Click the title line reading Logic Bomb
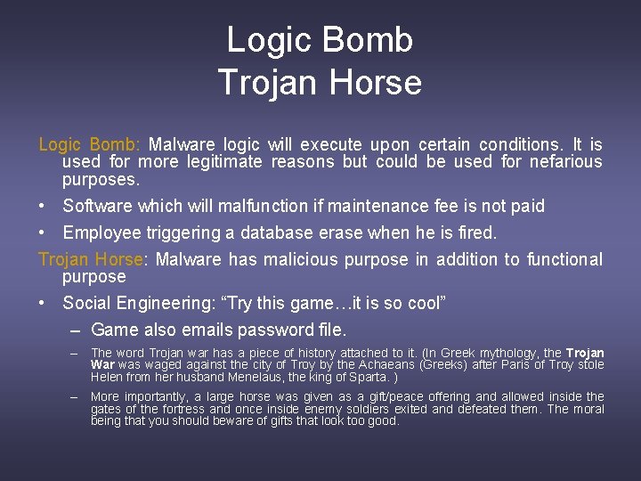click(x=320, y=40)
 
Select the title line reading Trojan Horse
click(x=320, y=82)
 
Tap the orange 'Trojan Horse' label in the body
click(x=91, y=260)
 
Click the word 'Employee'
click(x=100, y=233)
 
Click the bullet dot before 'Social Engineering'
click(x=44, y=304)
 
